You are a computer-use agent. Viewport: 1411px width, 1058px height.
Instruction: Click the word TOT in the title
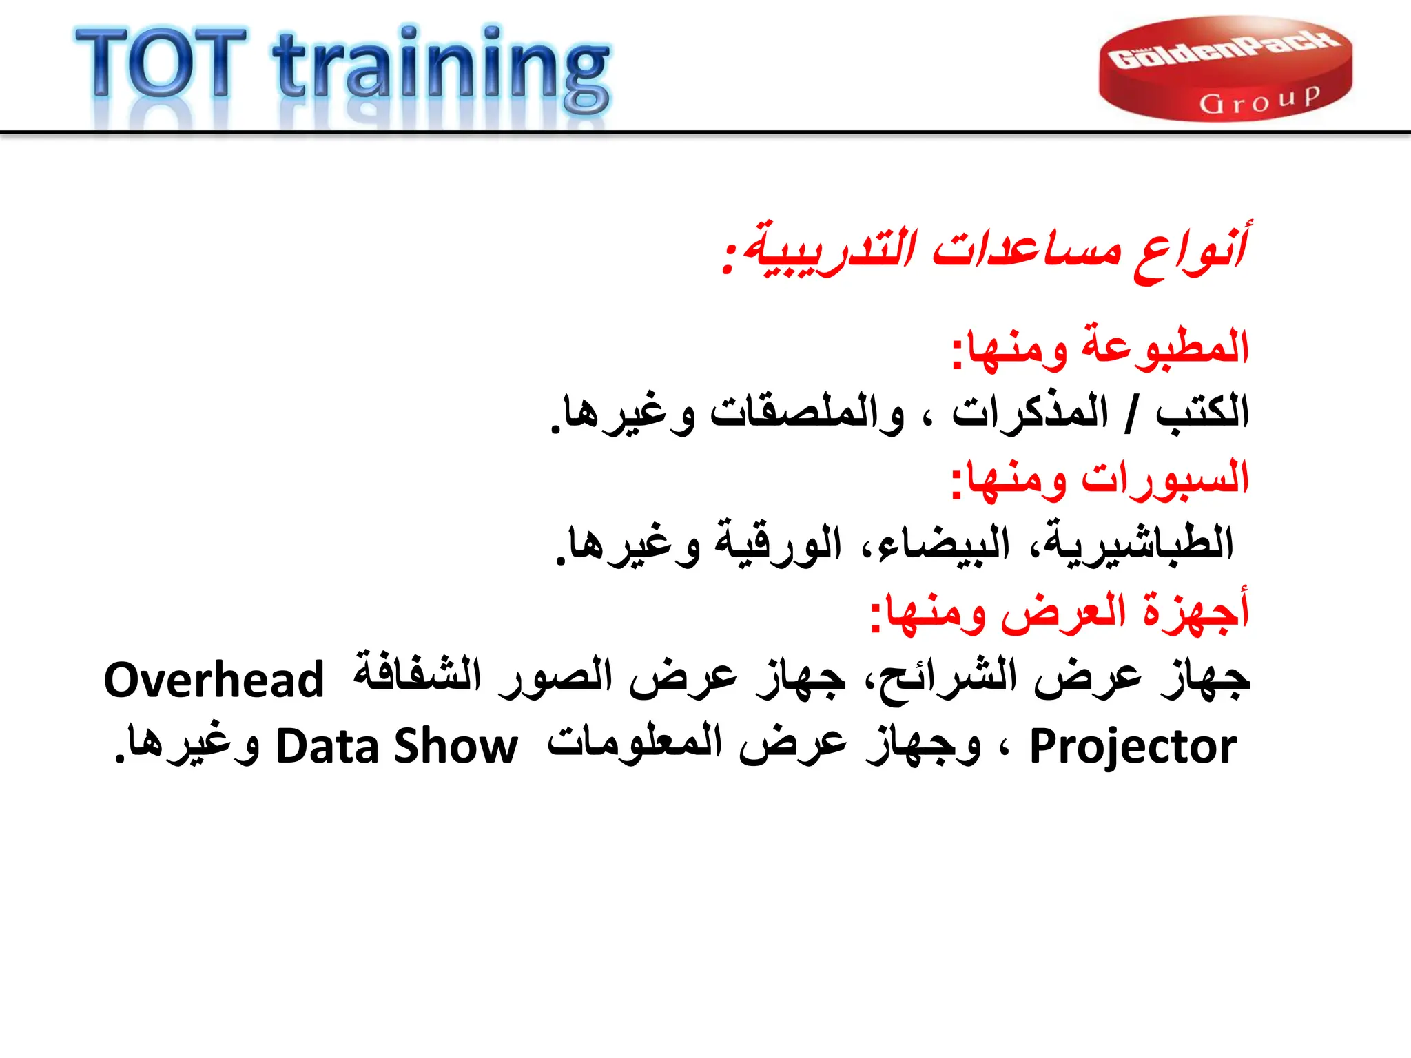coord(161,63)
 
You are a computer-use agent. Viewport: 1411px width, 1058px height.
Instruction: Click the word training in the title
coord(441,69)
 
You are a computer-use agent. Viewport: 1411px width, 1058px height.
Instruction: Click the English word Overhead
coord(214,680)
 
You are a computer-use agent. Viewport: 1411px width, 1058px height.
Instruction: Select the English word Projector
coord(1133,747)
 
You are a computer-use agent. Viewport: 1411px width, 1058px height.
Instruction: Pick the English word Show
coord(455,747)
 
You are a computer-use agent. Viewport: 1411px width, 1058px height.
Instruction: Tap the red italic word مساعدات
coord(1027,249)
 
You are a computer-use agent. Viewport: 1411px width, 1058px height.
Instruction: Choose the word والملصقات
coord(807,413)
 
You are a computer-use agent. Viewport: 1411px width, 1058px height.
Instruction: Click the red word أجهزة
coord(1195,610)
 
